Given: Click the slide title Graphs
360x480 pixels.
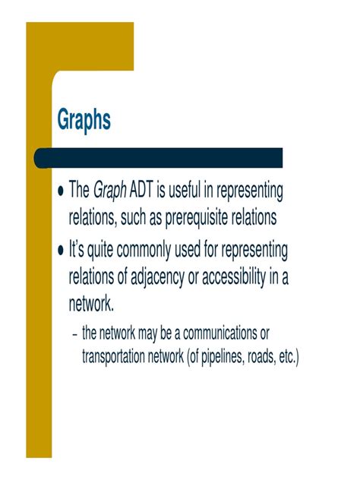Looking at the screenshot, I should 84,121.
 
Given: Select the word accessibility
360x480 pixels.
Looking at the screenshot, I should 234,279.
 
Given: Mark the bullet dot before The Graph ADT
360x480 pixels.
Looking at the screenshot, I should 61,191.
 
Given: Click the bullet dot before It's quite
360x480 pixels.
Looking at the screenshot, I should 61,251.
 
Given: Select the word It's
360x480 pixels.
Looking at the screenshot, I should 79,250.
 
